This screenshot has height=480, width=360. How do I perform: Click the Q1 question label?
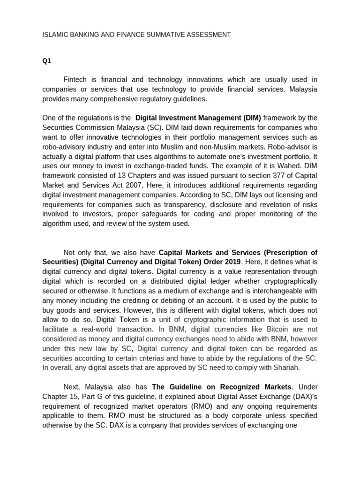pyautogui.click(x=46, y=60)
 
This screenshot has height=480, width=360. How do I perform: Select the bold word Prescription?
pyautogui.click(x=285, y=252)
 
